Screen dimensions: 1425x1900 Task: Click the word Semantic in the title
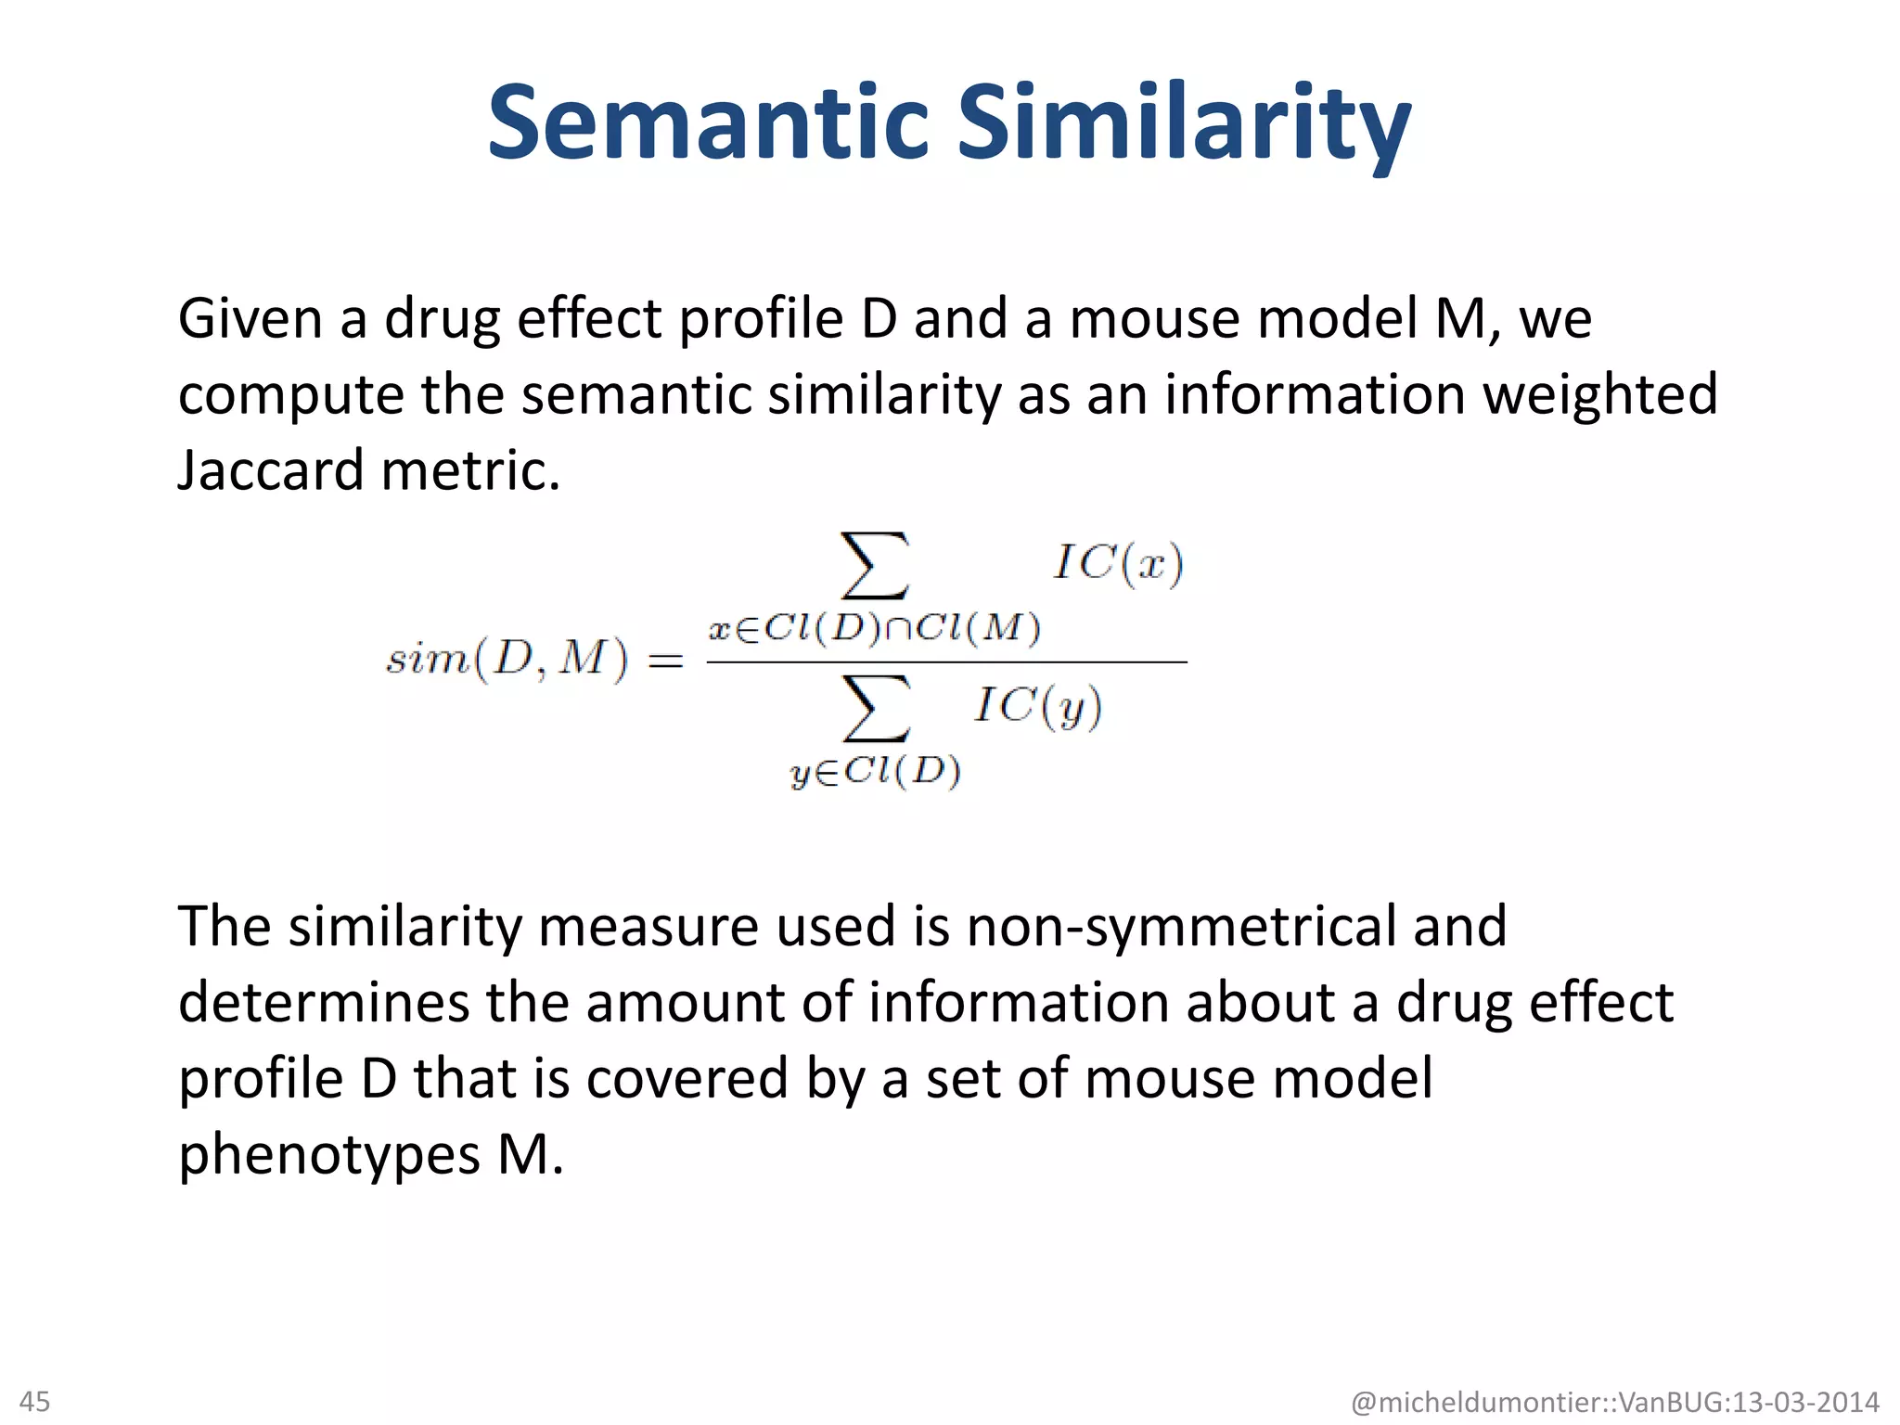coord(707,123)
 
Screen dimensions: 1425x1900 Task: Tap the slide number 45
coord(35,1401)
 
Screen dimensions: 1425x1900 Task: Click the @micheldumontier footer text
coord(1614,1402)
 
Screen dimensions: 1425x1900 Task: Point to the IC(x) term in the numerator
coord(1118,563)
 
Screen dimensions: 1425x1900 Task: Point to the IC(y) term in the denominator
coord(1038,707)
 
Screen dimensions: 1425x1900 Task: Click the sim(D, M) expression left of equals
coord(507,660)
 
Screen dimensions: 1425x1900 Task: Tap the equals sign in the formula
coord(665,661)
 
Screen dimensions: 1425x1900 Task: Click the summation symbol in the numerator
coord(874,565)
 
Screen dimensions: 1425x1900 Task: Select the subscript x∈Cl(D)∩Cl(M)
coord(874,629)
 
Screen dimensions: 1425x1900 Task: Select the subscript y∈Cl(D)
coord(875,772)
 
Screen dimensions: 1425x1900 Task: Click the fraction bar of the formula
coord(946,662)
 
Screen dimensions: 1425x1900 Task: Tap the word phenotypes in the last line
coord(329,1156)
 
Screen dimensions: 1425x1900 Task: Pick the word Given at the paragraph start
coord(250,319)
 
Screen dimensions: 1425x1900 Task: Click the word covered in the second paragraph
coord(687,1079)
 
